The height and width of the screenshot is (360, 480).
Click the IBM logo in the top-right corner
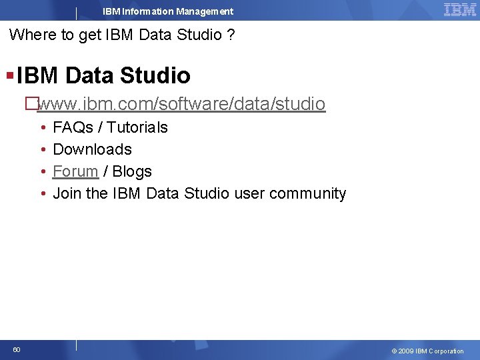pyautogui.click(x=459, y=9)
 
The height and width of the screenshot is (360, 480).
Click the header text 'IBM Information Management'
pyautogui.click(x=168, y=11)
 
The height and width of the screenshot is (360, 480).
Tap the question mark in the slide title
pyautogui.click(x=230, y=35)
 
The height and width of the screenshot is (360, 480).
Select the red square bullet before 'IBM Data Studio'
pyautogui.click(x=9, y=73)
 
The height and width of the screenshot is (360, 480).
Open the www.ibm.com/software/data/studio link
pyautogui.click(x=182, y=104)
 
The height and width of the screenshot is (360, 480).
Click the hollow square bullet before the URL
pyautogui.click(x=29, y=104)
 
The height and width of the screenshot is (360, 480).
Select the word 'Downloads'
pyautogui.click(x=92, y=149)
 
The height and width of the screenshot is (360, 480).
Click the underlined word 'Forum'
pyautogui.click(x=75, y=171)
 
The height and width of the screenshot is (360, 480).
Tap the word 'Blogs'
pyautogui.click(x=132, y=171)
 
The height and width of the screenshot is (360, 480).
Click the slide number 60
pyautogui.click(x=17, y=349)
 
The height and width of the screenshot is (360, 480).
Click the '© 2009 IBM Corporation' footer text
pyautogui.click(x=427, y=351)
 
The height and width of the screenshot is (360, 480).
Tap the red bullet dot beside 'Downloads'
pyautogui.click(x=42, y=149)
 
